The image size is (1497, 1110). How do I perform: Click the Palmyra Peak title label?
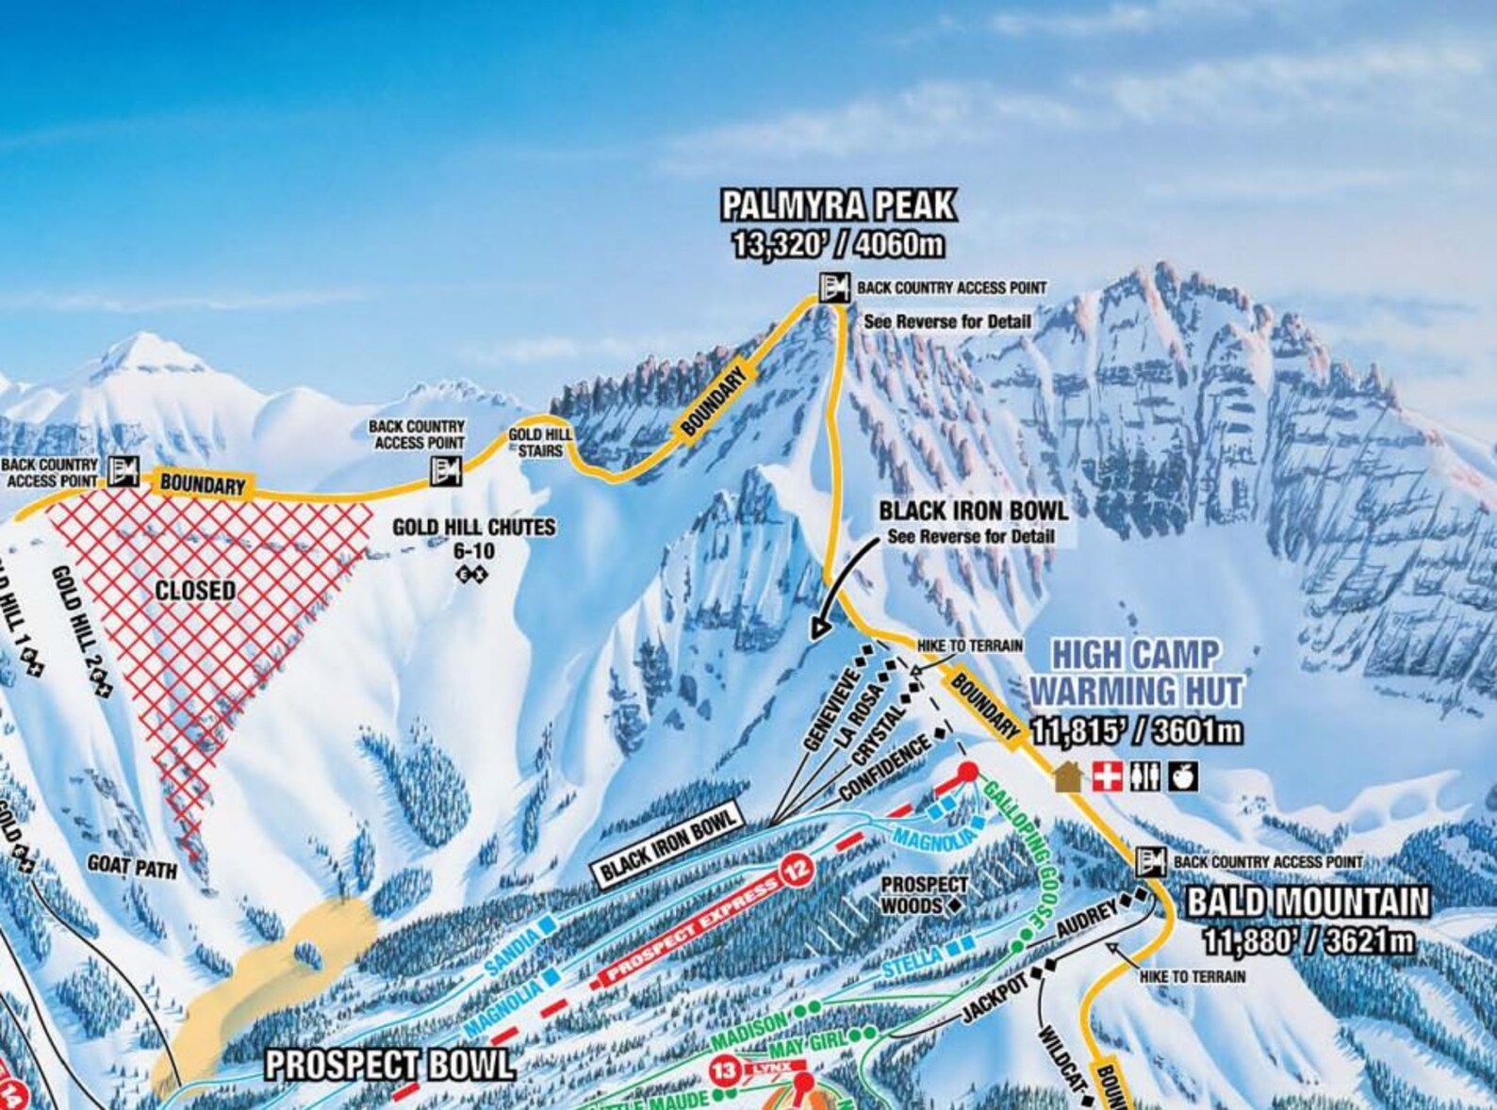837,205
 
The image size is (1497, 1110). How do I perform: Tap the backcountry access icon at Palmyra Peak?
833,287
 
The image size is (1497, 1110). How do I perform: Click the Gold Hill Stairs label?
538,442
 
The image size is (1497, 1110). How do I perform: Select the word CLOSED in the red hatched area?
195,591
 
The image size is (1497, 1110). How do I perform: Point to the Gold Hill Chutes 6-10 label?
473,537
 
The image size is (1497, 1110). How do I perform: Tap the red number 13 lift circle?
724,1071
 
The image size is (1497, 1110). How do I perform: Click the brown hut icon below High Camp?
1066,776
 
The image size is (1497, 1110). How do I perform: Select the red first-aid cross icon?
1107,776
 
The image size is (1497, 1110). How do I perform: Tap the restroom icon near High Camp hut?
1144,776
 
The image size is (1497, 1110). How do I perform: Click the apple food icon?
1182,776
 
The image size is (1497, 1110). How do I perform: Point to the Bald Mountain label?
1308,903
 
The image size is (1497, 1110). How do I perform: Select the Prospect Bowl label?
389,1065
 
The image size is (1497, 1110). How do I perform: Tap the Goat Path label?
132,866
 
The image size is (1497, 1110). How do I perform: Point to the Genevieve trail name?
830,710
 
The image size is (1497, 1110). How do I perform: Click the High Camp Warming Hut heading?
1135,671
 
